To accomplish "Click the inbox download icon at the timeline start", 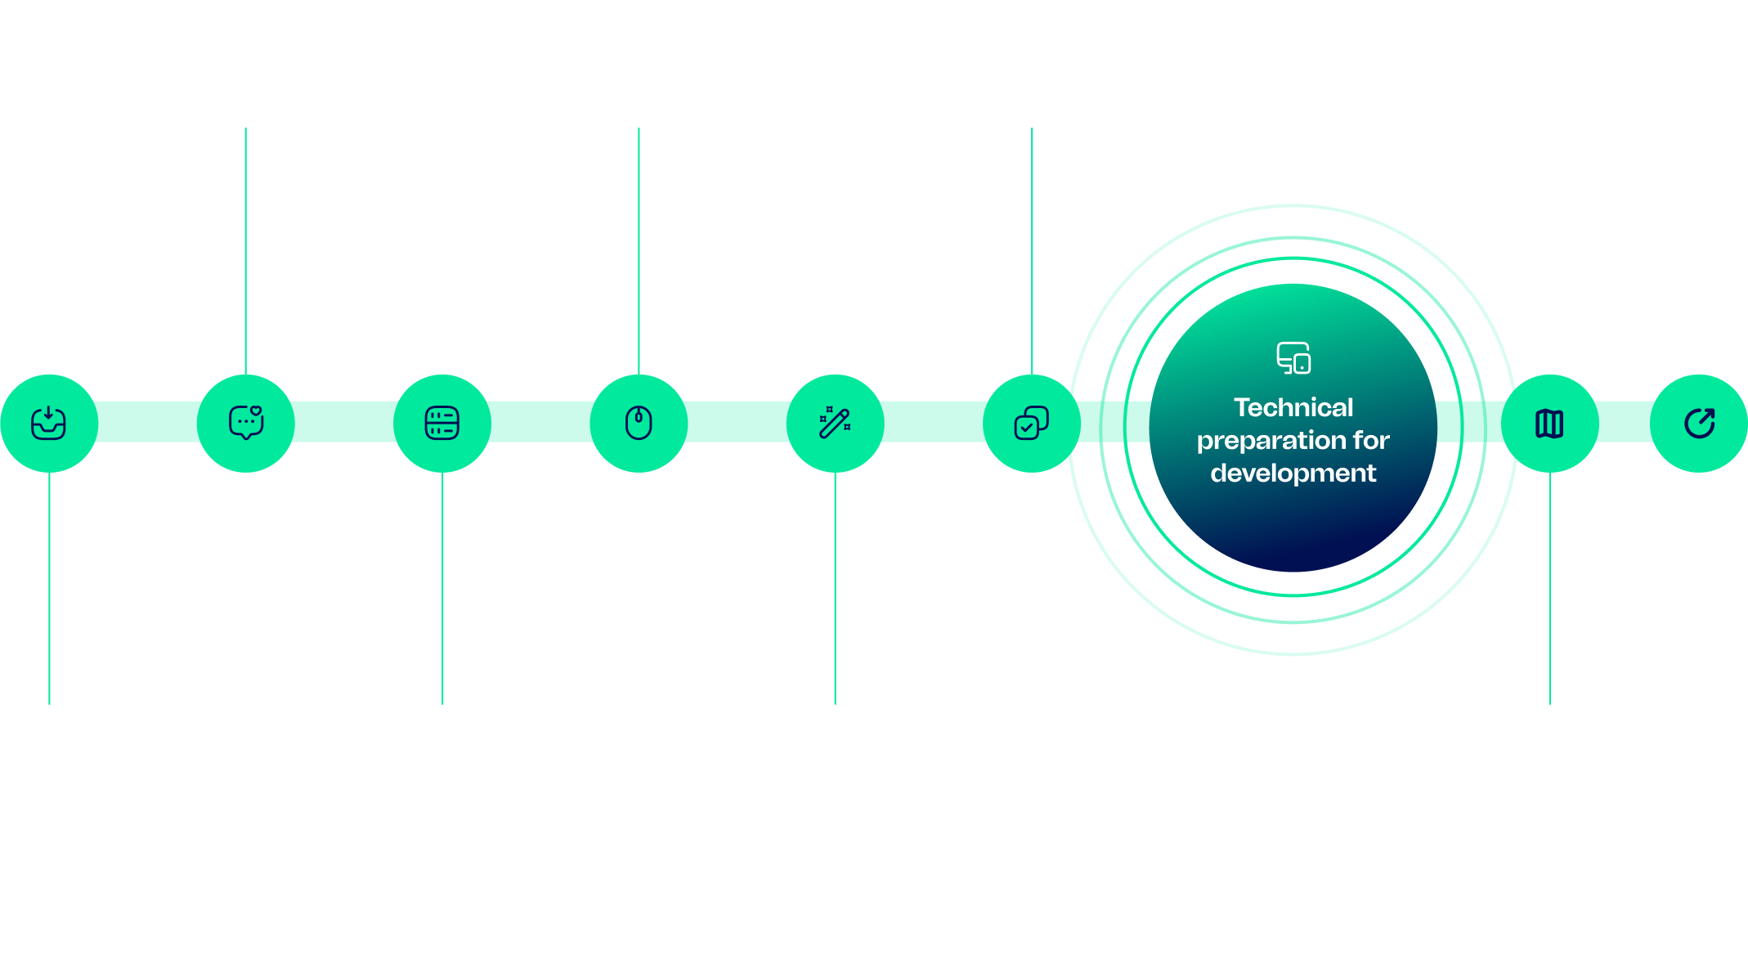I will [48, 423].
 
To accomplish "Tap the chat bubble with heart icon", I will [245, 423].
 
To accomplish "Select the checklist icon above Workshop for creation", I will [442, 423].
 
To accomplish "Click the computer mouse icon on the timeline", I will [639, 423].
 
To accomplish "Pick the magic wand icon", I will [835, 423].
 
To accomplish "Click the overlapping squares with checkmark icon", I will [1031, 423].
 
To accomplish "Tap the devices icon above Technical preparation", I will [1293, 358].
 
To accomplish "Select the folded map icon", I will [1549, 424].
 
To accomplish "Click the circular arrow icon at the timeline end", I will [1700, 423].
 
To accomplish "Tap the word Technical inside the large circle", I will [1293, 407].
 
